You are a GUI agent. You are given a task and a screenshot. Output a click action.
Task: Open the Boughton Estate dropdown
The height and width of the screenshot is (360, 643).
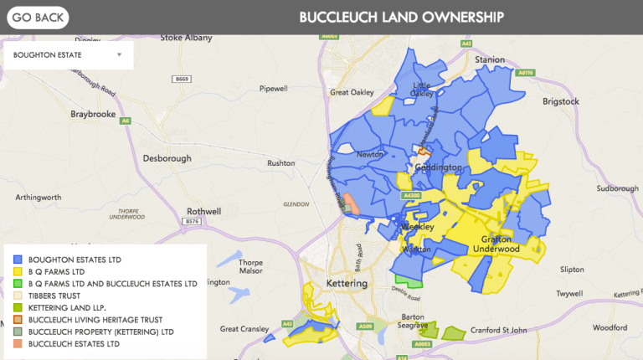coord(67,55)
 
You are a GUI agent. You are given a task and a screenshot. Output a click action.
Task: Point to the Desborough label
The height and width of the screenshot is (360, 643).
coord(167,157)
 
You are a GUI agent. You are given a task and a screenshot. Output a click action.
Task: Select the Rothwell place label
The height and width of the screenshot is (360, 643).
coord(203,212)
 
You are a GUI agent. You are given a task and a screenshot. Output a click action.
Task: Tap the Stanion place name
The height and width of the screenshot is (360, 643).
coord(490,60)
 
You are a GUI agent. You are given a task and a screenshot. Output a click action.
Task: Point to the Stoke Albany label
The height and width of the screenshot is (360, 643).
coord(183,38)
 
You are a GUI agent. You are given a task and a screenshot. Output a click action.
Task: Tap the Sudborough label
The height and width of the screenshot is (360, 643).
coord(618,188)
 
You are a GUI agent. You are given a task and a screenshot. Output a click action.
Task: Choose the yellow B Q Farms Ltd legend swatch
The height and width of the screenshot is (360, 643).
coord(18,272)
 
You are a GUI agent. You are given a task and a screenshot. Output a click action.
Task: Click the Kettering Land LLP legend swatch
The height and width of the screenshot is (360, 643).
coord(18,308)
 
